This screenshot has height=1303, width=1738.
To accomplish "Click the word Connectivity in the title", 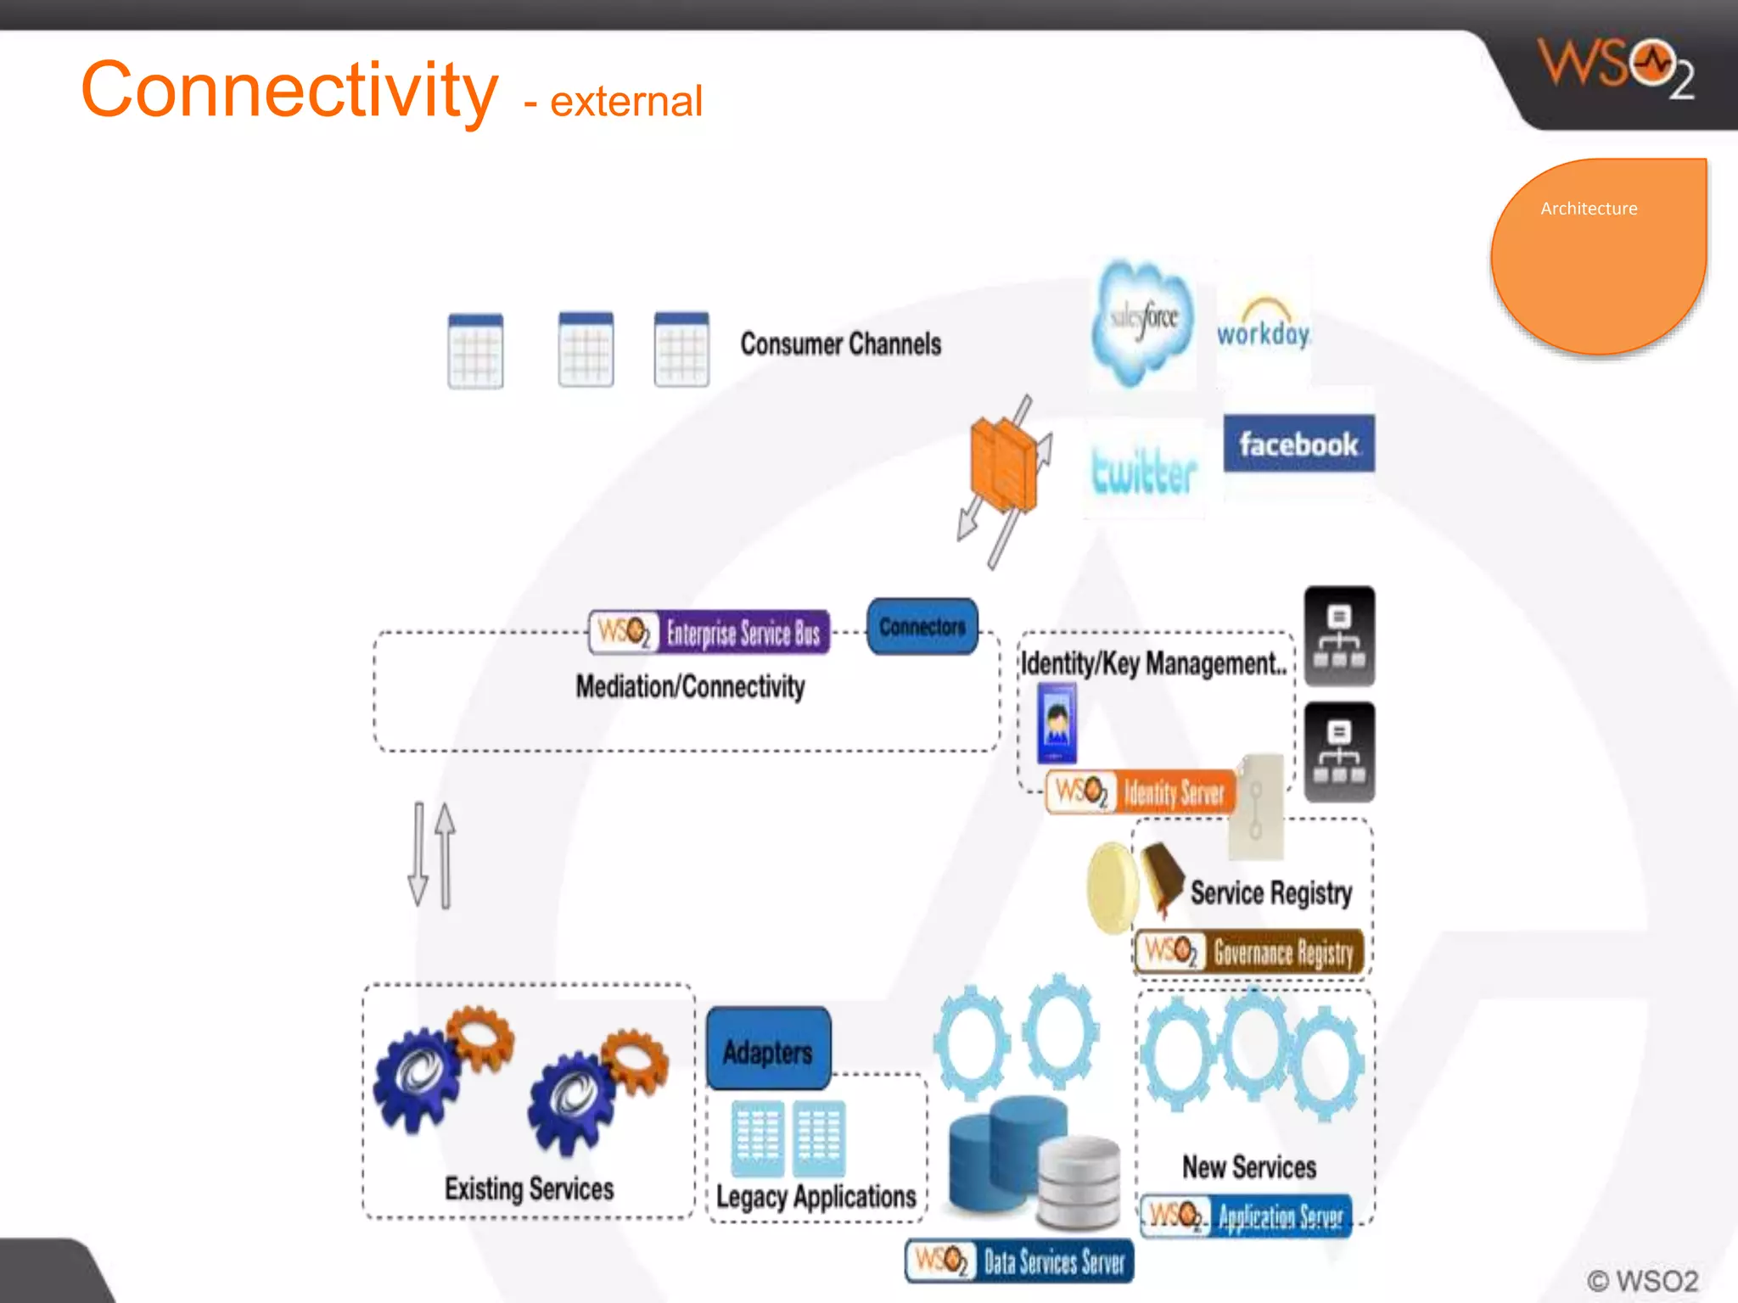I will click(x=289, y=91).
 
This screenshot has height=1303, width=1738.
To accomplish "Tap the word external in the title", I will click(x=626, y=102).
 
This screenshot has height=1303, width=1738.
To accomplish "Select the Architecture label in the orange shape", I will click(x=1589, y=209).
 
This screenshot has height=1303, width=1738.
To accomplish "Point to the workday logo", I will click(x=1264, y=328).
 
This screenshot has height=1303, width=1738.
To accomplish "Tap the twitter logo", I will click(x=1144, y=471).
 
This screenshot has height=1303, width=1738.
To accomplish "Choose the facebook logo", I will click(x=1298, y=444).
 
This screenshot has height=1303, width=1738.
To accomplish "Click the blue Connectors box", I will click(x=922, y=627).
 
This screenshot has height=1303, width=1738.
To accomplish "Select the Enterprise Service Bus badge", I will click(x=710, y=633).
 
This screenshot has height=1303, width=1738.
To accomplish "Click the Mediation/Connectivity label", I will click(x=690, y=686).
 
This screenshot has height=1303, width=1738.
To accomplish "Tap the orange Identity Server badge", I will click(x=1141, y=792).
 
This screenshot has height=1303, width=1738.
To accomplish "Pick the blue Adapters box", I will click(x=768, y=1050).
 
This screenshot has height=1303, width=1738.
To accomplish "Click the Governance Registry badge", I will click(x=1250, y=952).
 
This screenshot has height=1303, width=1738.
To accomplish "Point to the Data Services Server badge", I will click(x=1019, y=1261).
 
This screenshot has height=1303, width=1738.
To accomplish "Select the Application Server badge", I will click(x=1246, y=1216).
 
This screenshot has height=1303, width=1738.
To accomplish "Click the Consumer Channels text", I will click(x=840, y=344).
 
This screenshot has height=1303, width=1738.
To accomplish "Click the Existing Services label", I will click(x=529, y=1188).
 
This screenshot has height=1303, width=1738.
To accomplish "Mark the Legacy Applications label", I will click(x=816, y=1197).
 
